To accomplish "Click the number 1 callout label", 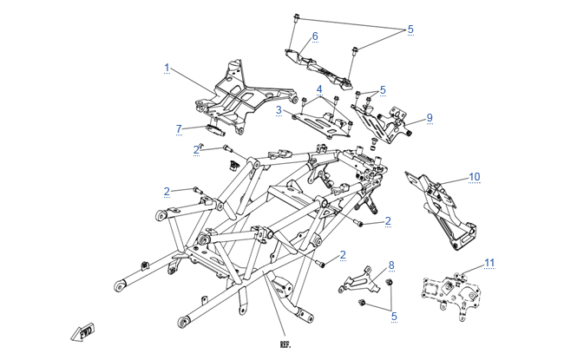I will [167, 66].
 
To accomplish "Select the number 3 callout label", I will [279, 110].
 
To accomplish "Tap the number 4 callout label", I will [319, 89].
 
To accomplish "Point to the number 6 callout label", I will [315, 36].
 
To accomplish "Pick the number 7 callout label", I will [179, 128].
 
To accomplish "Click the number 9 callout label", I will [429, 117].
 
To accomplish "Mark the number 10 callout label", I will [474, 177].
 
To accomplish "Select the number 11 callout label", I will [489, 262].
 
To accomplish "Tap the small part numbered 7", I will [213, 132].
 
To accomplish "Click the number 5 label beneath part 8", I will [393, 317].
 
